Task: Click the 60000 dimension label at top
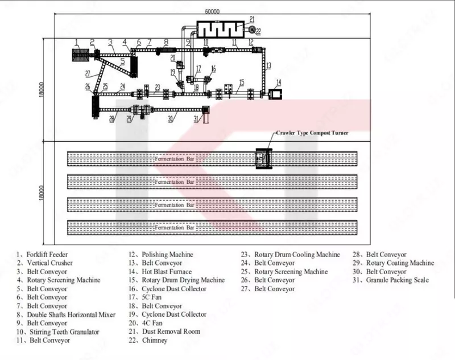click(212, 11)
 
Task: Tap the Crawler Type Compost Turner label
click(312, 133)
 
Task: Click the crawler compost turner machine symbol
click(263, 158)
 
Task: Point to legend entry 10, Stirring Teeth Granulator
click(58, 332)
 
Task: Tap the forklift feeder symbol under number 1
click(80, 56)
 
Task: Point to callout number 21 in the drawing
click(251, 20)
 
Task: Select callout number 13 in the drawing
click(268, 65)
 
